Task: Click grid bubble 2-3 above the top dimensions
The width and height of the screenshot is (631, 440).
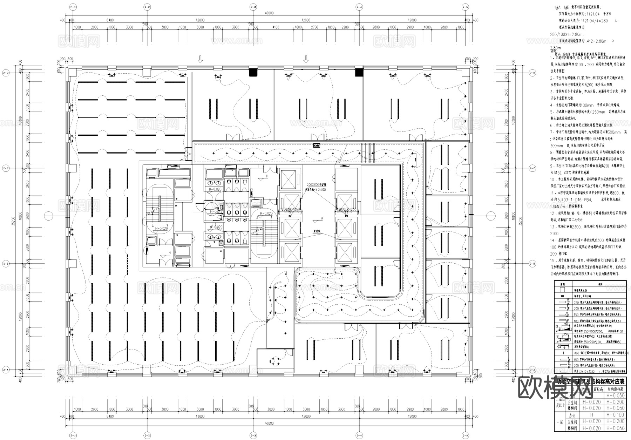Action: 253,7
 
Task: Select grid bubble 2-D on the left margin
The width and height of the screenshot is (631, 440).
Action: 6,73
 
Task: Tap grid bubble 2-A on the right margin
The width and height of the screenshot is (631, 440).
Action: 532,370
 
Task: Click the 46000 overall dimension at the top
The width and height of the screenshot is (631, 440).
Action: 269,13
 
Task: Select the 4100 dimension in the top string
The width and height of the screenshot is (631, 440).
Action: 276,27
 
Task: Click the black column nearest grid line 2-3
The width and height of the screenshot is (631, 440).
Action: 253,73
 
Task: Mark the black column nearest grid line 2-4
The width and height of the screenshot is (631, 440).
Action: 359,73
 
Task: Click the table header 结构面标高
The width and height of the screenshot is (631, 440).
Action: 615,389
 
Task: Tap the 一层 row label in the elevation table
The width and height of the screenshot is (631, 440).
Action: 559,421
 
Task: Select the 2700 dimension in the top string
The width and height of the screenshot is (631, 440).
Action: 314,27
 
